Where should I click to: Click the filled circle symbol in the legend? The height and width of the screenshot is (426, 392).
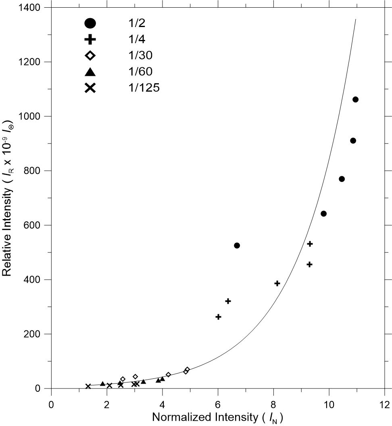(90, 23)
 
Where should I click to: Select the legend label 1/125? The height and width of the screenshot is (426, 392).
(142, 88)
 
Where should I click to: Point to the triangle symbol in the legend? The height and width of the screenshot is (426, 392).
(90, 72)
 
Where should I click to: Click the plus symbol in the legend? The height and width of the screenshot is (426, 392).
(90, 40)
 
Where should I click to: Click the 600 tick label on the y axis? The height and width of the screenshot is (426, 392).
(33, 225)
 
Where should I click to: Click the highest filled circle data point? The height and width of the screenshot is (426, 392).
(355, 99)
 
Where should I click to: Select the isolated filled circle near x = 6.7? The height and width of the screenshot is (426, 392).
(237, 245)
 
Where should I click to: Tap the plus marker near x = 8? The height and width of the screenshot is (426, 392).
(277, 283)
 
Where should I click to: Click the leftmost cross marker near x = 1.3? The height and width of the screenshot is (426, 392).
(88, 386)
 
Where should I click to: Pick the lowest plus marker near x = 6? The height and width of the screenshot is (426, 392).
(218, 317)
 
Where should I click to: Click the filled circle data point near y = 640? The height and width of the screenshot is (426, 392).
(323, 213)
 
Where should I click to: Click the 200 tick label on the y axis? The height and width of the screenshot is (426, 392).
(33, 334)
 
